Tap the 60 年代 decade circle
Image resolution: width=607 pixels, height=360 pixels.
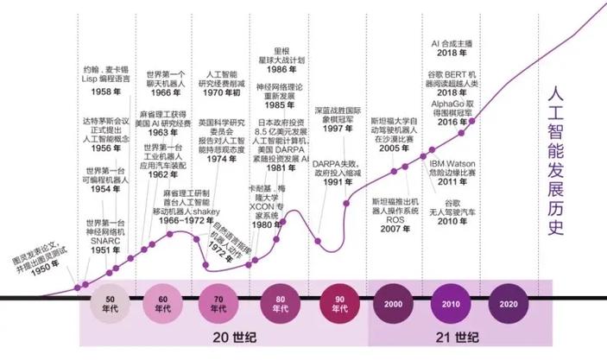tap(163, 303)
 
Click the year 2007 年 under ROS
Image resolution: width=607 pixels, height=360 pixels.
tap(395, 229)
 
